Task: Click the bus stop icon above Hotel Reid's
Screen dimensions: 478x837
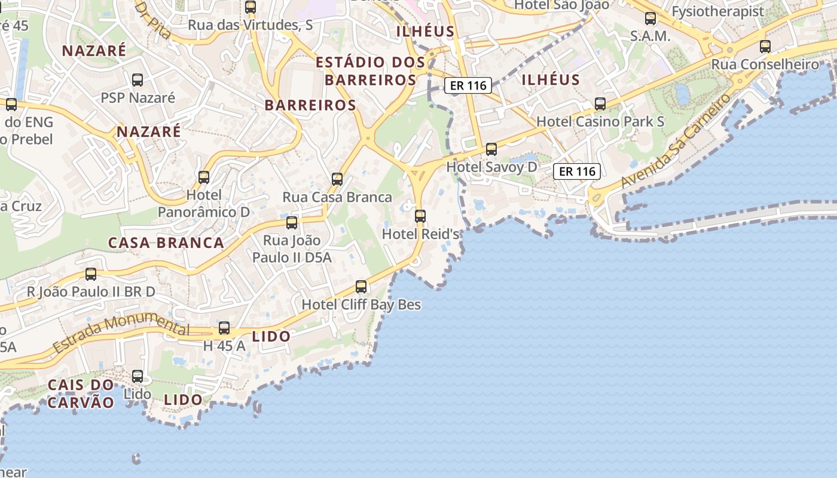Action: pos(420,216)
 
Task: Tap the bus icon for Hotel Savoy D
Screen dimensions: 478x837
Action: pos(491,149)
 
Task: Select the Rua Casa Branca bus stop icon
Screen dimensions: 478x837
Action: pos(337,179)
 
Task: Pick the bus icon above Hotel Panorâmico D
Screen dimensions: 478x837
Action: pos(204,177)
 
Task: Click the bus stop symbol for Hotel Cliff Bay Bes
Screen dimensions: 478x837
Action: pos(361,287)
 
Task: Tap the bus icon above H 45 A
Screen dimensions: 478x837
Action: pos(224,328)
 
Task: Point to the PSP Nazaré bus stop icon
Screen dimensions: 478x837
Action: pos(138,80)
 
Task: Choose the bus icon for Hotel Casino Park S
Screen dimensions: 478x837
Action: pos(600,104)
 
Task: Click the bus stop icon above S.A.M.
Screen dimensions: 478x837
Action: pos(650,19)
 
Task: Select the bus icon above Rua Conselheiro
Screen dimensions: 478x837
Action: pos(765,47)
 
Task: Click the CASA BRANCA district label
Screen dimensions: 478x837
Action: pos(166,243)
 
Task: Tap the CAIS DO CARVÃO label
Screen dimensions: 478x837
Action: pos(81,393)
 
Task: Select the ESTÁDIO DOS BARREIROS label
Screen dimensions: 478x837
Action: pos(370,71)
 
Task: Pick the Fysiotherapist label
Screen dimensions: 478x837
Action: pos(718,11)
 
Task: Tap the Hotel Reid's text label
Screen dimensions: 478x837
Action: pos(420,234)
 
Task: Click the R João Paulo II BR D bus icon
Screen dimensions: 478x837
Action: pos(91,274)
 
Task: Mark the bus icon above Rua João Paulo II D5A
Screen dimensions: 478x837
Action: pos(292,223)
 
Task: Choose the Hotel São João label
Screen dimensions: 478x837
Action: pos(561,5)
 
